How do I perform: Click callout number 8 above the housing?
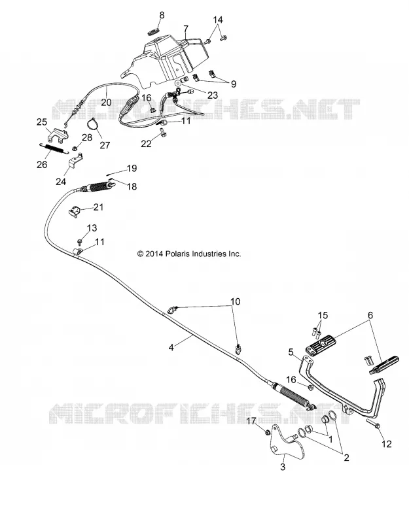click(x=162, y=15)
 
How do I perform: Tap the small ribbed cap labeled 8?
click(x=152, y=31)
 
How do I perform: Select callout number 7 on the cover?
click(x=186, y=29)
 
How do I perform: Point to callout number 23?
click(x=213, y=95)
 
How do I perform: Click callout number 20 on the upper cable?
click(x=106, y=102)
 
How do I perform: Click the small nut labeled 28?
click(x=75, y=148)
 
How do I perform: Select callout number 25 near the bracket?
click(x=42, y=122)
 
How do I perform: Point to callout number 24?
click(x=61, y=182)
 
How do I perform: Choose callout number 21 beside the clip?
click(x=98, y=207)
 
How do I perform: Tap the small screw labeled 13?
click(x=79, y=241)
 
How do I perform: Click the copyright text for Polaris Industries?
click(x=189, y=254)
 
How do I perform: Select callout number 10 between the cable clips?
click(x=236, y=301)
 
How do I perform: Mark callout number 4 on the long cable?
click(x=171, y=348)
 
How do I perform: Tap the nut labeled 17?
click(x=268, y=433)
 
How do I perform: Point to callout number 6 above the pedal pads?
click(x=370, y=315)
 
